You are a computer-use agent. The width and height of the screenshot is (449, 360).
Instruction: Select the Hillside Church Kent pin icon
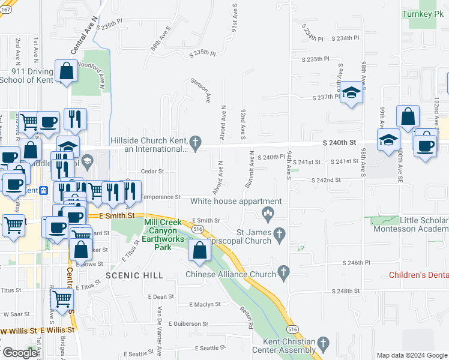[x=194, y=142]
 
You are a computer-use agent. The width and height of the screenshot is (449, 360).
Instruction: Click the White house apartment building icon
[x=268, y=212]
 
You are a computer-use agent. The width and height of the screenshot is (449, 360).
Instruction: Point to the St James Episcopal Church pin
[x=279, y=232]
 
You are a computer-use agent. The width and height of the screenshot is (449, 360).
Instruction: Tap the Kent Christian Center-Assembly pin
[x=323, y=344]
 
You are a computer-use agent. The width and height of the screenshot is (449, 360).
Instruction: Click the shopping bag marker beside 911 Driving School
[x=66, y=71]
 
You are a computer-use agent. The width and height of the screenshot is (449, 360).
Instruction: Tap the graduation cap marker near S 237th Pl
[x=352, y=92]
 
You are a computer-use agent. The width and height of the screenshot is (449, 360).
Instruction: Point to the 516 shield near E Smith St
[x=197, y=229]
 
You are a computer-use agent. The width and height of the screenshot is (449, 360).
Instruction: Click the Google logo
[x=19, y=353]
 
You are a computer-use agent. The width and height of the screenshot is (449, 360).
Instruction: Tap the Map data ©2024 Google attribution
[x=411, y=355]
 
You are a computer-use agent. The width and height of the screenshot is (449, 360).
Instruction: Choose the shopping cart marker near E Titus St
[x=62, y=298]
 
